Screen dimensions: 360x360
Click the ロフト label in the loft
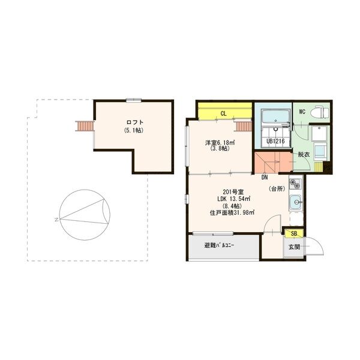tap(134, 122)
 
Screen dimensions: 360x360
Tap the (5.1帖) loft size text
tap(134, 130)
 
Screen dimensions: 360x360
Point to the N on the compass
tap(56, 220)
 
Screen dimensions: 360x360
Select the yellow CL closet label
tap(223, 113)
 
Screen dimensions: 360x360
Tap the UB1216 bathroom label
tap(275, 142)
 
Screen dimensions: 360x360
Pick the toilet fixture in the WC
tap(320, 112)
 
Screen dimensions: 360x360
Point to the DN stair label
tap(264, 178)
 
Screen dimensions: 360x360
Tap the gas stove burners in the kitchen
tap(294, 183)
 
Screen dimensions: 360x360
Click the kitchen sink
tap(295, 202)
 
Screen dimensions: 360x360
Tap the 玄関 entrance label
tap(294, 247)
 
